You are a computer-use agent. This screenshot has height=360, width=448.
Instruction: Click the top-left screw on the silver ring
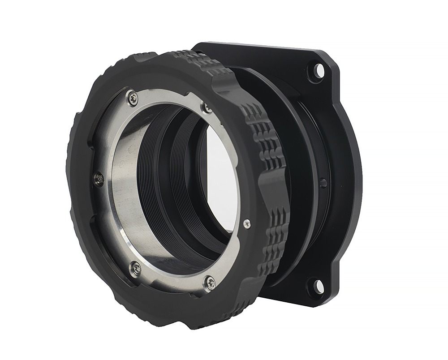coord(131,98)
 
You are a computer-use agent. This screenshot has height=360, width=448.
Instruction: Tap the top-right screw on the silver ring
coord(207,107)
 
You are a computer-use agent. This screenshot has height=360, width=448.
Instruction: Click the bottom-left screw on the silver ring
coord(135,269)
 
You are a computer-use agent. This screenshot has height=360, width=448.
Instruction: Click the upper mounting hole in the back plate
coord(318,70)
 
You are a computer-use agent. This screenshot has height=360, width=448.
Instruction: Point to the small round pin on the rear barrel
coord(323,183)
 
